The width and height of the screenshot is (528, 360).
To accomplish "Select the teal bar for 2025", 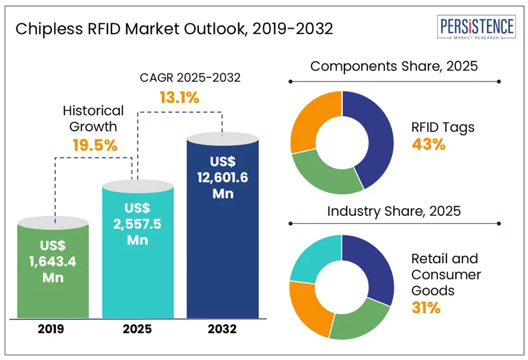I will [x=138, y=252].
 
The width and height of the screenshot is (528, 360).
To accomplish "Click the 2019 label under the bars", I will [x=52, y=330].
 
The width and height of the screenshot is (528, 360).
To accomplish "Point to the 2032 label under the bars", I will [x=222, y=330].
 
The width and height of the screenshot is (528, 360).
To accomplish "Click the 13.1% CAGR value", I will [x=180, y=98].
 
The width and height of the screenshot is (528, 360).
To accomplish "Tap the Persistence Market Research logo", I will [x=476, y=29].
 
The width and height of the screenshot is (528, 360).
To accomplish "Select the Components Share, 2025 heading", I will [x=394, y=66].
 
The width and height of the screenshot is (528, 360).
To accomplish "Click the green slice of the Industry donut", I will [x=358, y=322].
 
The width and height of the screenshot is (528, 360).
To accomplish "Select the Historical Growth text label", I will [x=93, y=118].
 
